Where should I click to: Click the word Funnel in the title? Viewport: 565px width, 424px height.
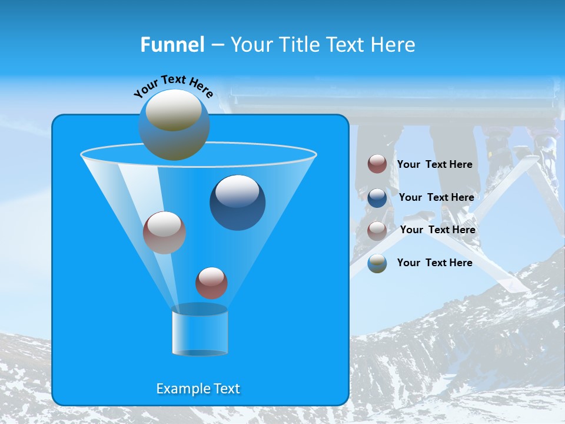click(x=172, y=44)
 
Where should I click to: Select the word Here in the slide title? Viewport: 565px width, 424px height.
click(x=394, y=44)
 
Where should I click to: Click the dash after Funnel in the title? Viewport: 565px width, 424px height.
click(x=217, y=45)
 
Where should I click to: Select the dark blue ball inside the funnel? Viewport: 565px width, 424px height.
click(x=237, y=203)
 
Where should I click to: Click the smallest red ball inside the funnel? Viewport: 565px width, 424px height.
click(x=211, y=283)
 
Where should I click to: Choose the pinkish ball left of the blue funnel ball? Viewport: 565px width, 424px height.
click(x=164, y=232)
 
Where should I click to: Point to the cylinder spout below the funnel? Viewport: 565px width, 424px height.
click(x=200, y=331)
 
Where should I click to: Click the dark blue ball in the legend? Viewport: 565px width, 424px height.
click(x=377, y=198)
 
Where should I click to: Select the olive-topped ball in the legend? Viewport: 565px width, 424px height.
click(x=377, y=263)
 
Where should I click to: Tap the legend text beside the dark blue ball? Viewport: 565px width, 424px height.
click(x=436, y=197)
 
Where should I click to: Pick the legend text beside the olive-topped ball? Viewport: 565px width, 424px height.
click(x=434, y=263)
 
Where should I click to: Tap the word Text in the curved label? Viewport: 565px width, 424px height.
click(x=172, y=80)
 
